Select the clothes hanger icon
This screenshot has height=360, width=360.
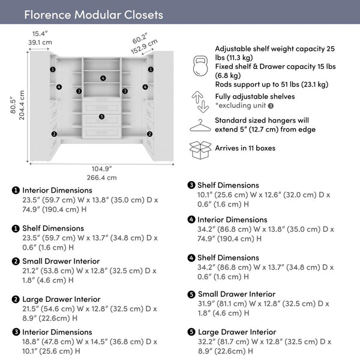[200, 125]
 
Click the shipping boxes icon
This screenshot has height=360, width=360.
[200, 149]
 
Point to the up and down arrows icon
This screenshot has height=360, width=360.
[200, 100]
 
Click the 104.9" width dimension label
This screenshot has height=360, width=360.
[101, 168]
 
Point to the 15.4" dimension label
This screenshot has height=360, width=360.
[40, 34]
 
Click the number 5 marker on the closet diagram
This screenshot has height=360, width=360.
[101, 116]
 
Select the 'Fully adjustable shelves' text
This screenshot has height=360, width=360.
[255, 96]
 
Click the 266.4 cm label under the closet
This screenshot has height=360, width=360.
[101, 178]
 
